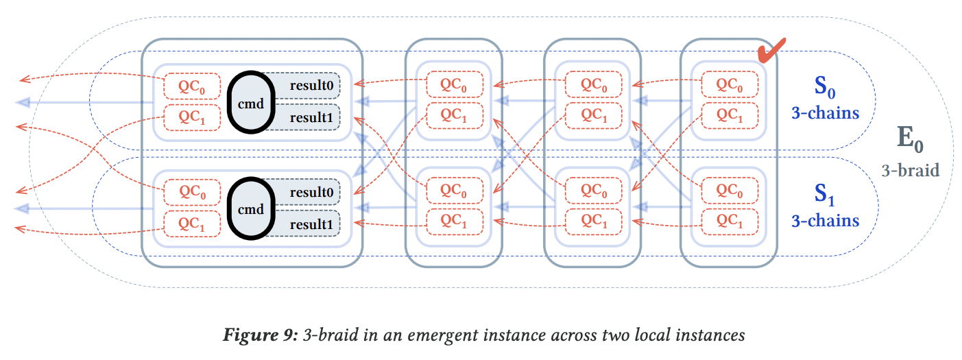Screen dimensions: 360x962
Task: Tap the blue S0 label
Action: [x=825, y=88]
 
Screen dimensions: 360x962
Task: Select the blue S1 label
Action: [x=825, y=195]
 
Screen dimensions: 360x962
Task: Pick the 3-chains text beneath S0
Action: [x=825, y=112]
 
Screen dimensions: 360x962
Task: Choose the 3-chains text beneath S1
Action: [x=825, y=220]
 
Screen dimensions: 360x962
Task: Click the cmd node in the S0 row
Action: [x=250, y=101]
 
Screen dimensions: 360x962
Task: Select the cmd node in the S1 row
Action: [x=250, y=208]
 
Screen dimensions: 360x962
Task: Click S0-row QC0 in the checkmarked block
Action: [x=730, y=85]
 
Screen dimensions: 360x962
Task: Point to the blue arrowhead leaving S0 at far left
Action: [x=23, y=102]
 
